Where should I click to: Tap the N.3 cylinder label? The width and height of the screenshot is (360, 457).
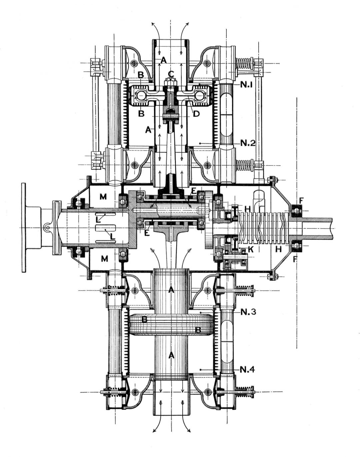tap(249, 312)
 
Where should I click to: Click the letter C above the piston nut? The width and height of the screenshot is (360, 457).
tap(171, 74)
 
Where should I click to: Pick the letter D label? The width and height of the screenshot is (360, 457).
tap(196, 114)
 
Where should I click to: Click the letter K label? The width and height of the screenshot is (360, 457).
tap(251, 249)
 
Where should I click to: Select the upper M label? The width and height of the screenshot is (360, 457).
tap(103, 197)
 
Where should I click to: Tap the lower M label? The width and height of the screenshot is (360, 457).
tap(105, 259)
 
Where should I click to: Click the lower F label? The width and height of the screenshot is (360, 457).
tap(294, 259)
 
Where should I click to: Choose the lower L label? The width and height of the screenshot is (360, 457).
tap(113, 237)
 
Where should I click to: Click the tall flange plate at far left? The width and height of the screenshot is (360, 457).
tap(23, 227)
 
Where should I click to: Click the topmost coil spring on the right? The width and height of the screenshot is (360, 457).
tap(244, 64)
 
